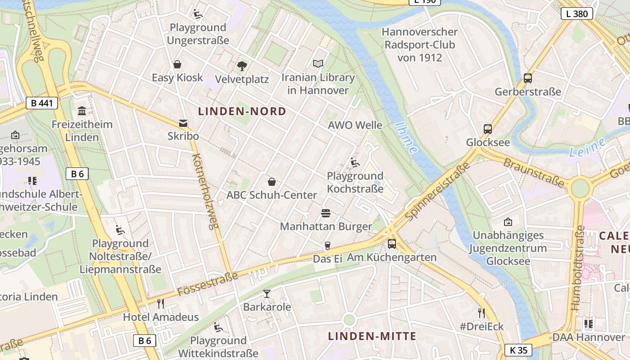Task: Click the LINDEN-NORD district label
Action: click(242, 111)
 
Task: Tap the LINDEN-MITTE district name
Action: click(372, 336)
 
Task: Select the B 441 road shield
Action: click(42, 103)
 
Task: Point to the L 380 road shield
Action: click(577, 13)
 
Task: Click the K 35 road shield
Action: click(518, 350)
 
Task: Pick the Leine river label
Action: click(587, 148)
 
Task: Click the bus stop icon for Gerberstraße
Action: click(528, 78)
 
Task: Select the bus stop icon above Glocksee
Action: click(488, 129)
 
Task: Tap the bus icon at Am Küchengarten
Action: click(392, 244)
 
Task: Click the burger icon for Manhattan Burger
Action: click(326, 213)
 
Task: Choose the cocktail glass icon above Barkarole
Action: click(267, 294)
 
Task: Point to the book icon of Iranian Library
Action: click(318, 64)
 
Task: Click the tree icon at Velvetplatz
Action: click(242, 66)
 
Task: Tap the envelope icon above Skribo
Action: click(183, 123)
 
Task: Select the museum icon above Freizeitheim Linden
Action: click(82, 111)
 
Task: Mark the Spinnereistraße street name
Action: click(437, 191)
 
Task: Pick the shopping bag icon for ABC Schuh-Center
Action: click(272, 182)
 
